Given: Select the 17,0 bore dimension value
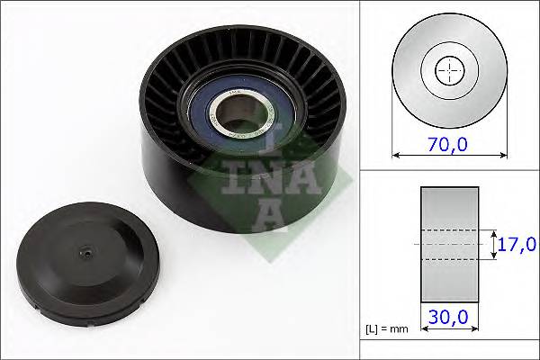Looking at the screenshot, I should tap(518, 244).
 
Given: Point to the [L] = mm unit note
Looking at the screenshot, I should tap(387, 329).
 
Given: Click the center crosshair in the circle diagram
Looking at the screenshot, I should tap(448, 70).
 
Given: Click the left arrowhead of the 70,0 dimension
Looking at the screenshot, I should tap(395, 155).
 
